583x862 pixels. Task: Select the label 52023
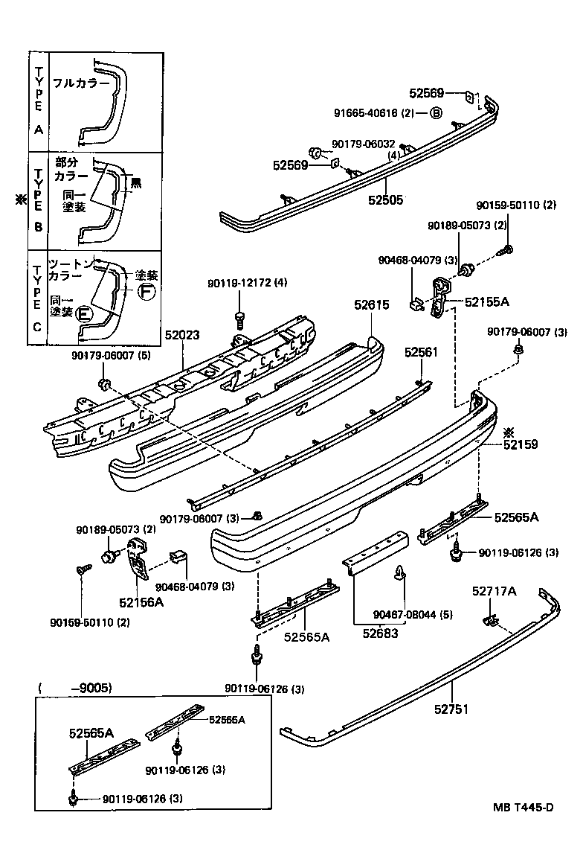tap(181, 336)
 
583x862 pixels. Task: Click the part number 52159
tap(520, 444)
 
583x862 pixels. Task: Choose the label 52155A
tap(487, 302)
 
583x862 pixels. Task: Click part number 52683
tap(380, 633)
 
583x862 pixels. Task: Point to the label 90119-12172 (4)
tap(247, 283)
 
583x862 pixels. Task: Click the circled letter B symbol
tap(436, 113)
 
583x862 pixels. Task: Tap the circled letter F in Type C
tap(146, 291)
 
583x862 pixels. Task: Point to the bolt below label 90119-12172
tap(240, 319)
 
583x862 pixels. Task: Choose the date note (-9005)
tap(74, 689)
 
